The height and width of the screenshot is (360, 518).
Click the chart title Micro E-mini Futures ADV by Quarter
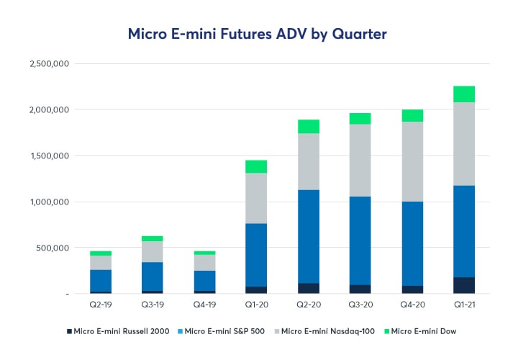tap(258, 33)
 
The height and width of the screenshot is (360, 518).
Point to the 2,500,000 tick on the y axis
tap(48, 63)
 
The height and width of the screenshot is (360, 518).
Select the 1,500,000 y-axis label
tap(48, 156)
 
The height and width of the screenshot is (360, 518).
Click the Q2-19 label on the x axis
tap(101, 305)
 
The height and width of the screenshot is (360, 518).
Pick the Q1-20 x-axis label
tap(255, 305)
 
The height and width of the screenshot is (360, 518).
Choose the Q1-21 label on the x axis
tap(463, 305)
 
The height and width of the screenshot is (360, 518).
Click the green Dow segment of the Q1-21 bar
tap(463, 94)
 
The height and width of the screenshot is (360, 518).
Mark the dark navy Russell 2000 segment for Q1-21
tap(463, 285)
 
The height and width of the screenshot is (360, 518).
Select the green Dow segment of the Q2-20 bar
tap(309, 127)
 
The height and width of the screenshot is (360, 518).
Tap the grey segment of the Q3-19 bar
tap(153, 251)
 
